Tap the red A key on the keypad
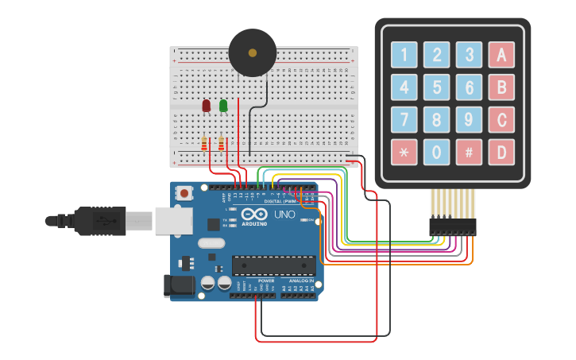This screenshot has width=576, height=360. pos(501,55)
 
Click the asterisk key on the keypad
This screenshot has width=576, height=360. pos(404,152)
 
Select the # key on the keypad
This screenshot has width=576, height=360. pos(469,152)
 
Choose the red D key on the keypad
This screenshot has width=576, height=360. pos(501,152)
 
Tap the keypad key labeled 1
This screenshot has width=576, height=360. pos(404,55)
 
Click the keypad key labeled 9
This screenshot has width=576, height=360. pos(469,119)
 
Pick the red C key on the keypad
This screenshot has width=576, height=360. pos(501,119)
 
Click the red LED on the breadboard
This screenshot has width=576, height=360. pos(207,105)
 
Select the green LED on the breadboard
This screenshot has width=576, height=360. pos(223,105)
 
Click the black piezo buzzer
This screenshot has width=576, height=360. pos(253,53)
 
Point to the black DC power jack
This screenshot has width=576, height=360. pos(176,287)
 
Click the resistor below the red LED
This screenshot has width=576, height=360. pos(204,144)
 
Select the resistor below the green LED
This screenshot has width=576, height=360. pos(221,144)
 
